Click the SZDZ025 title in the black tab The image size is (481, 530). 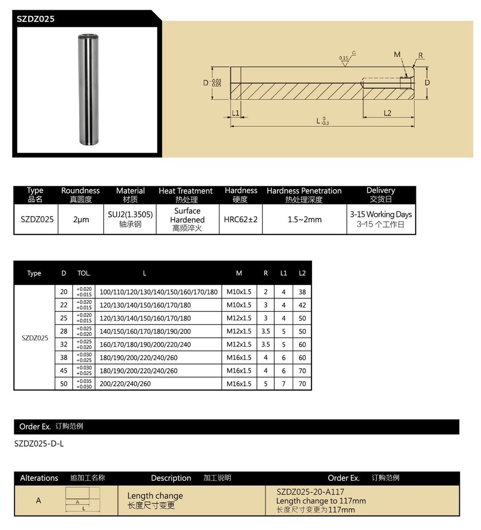(36, 19)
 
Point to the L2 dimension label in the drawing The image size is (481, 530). (387, 113)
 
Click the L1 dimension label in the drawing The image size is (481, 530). (236, 113)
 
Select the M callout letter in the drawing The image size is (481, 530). (397, 55)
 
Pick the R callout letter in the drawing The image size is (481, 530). (421, 56)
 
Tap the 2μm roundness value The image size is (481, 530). (81, 220)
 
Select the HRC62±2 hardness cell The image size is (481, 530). (240, 219)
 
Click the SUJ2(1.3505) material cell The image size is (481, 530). (130, 215)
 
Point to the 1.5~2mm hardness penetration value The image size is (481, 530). (304, 220)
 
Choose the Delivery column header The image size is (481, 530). (380, 191)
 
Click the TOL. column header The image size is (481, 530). (84, 273)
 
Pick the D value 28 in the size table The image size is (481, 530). (64, 331)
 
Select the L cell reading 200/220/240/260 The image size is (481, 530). (125, 384)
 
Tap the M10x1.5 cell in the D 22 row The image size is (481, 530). (239, 305)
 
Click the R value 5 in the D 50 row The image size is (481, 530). (266, 384)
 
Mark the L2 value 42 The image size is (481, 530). (302, 305)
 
